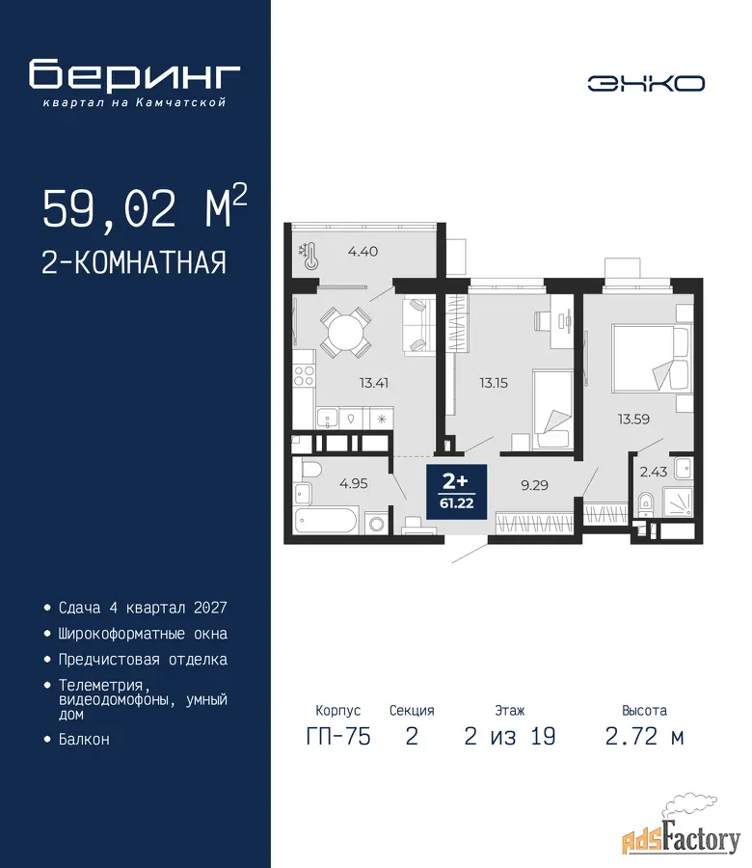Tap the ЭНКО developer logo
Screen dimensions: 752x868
tap(646, 84)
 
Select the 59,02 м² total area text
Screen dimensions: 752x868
tap(145, 207)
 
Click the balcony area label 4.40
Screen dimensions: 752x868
tap(363, 252)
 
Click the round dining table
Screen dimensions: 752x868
tap(346, 333)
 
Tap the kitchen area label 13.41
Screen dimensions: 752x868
tap(373, 383)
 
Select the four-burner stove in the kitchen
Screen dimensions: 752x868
tap(304, 375)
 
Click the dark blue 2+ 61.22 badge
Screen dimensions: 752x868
tap(457, 492)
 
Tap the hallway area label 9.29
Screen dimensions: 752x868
tap(534, 485)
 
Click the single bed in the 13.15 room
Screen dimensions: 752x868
tap(552, 409)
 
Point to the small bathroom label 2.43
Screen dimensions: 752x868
tap(654, 472)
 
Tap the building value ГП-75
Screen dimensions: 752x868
tap(338, 737)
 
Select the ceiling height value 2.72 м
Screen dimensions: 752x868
tap(644, 737)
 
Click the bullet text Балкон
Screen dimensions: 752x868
tap(84, 739)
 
